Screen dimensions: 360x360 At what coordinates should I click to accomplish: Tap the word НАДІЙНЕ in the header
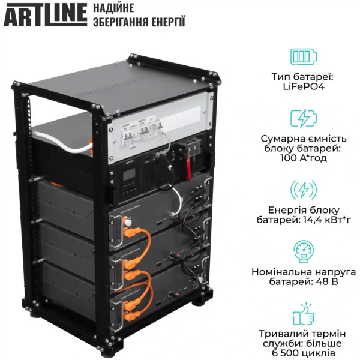click(x=114, y=8)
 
